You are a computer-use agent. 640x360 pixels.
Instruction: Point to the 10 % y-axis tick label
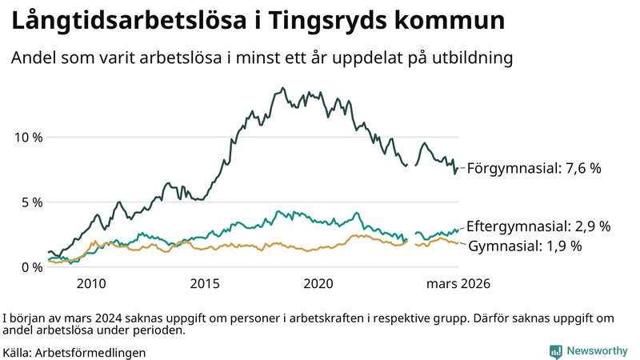29,137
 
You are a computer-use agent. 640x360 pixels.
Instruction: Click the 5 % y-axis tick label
32,202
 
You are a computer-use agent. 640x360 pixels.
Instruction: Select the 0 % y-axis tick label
32,267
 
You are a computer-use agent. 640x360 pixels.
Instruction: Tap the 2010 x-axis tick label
91,284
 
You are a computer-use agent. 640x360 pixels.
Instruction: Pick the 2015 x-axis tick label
206,284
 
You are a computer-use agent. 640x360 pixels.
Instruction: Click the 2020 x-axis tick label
320,284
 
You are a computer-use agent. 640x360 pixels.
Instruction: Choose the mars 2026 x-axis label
458,284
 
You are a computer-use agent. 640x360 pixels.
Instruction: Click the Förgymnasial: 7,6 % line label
534,169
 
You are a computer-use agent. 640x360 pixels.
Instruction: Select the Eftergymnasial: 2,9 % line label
538,226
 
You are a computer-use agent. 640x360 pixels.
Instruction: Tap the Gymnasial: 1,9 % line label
524,246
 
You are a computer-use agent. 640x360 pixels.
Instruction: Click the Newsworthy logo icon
555,351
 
